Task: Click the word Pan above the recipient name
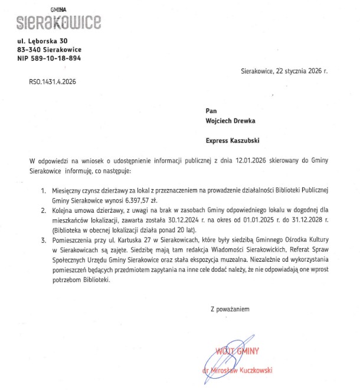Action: tap(211, 110)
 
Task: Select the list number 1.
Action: tap(42, 191)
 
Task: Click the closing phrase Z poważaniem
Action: tap(230, 308)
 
